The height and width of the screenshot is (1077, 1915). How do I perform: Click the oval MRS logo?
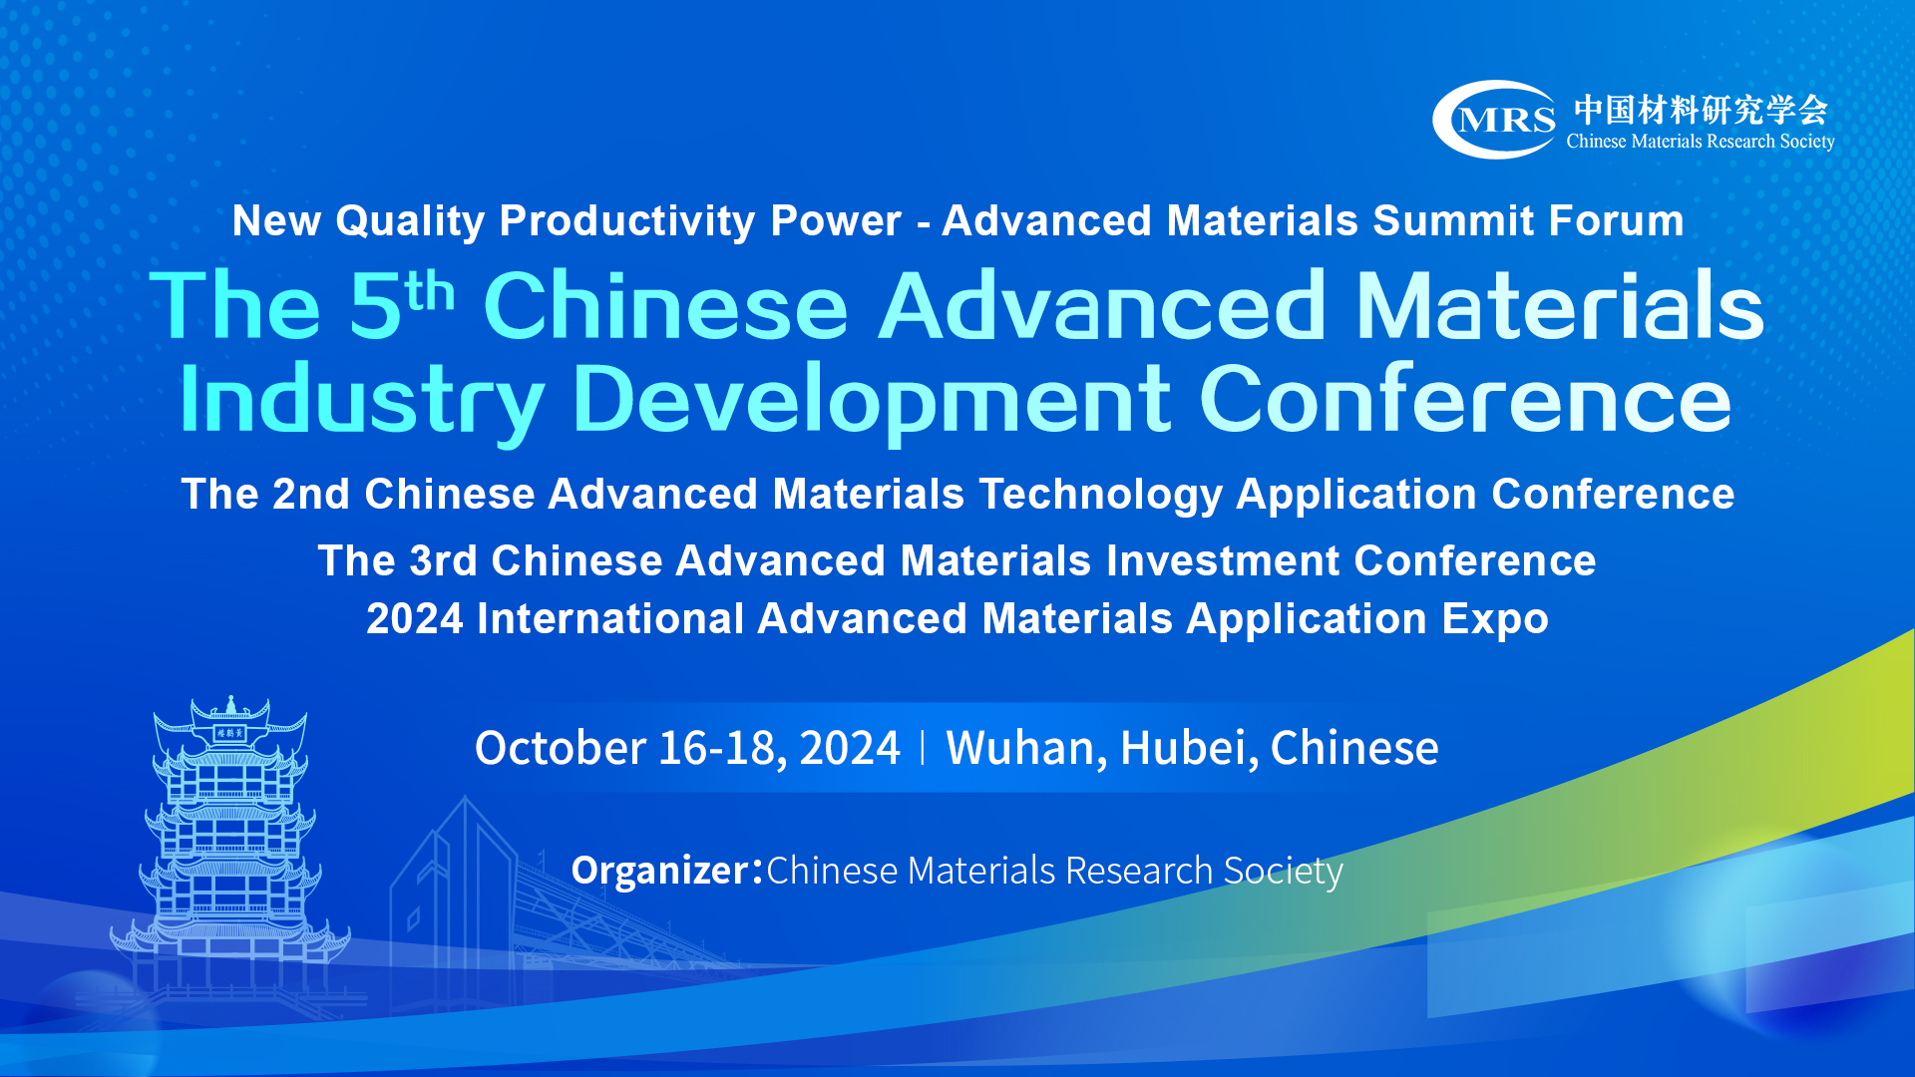[x=1493, y=120]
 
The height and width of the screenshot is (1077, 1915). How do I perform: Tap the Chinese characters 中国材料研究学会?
[x=1701, y=110]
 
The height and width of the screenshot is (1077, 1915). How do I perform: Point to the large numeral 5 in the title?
[x=375, y=306]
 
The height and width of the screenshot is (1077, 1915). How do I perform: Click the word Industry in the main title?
[x=362, y=400]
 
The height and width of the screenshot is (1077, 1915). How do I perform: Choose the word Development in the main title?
[x=872, y=400]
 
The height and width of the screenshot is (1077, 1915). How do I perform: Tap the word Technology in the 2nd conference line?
[x=1100, y=495]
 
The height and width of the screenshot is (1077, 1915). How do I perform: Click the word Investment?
[x=1223, y=560]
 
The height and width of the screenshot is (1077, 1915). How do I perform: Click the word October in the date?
[x=561, y=748]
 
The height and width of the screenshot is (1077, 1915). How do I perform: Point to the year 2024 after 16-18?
[x=850, y=748]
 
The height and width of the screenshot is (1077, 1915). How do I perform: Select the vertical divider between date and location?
[x=923, y=748]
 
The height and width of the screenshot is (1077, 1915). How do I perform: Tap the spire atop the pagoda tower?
[x=231, y=705]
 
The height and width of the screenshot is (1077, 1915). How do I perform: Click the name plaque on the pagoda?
[x=230, y=733]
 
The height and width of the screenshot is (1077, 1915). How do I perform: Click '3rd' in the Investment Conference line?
[x=444, y=560]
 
